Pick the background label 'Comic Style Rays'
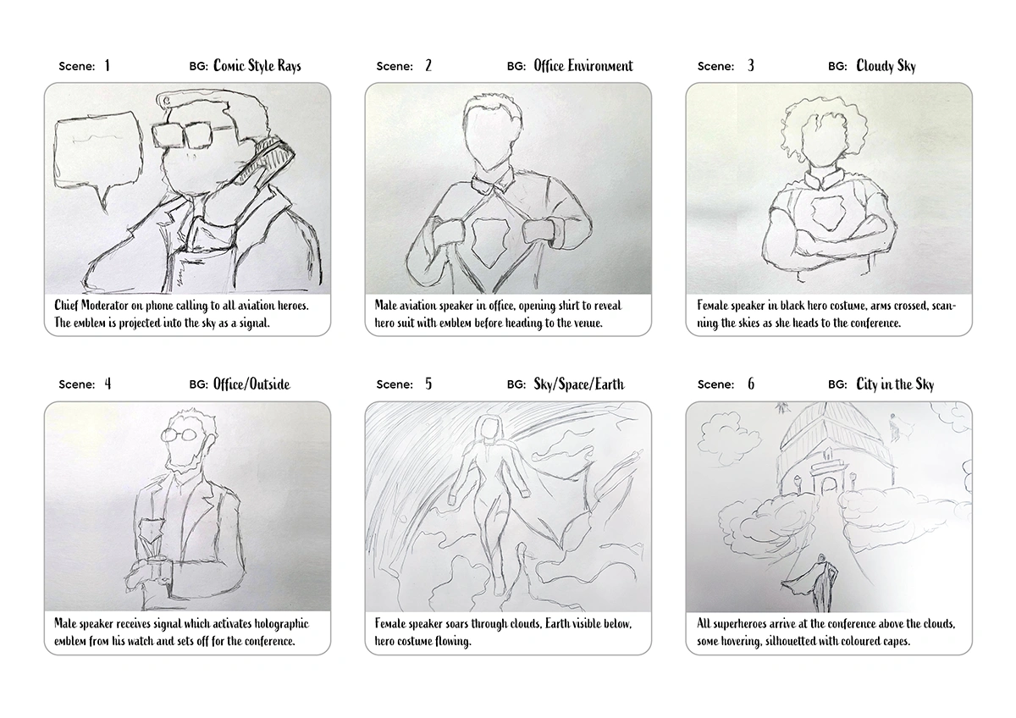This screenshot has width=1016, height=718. tap(257, 66)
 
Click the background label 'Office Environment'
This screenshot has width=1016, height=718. tap(583, 66)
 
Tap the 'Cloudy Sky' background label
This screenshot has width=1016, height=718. tap(886, 66)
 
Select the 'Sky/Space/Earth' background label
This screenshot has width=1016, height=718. tap(579, 384)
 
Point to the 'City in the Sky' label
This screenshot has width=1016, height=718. tap(895, 384)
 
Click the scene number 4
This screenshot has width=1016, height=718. tap(108, 384)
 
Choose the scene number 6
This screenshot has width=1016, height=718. tap(750, 384)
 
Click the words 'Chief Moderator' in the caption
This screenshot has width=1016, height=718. tap(93, 305)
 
